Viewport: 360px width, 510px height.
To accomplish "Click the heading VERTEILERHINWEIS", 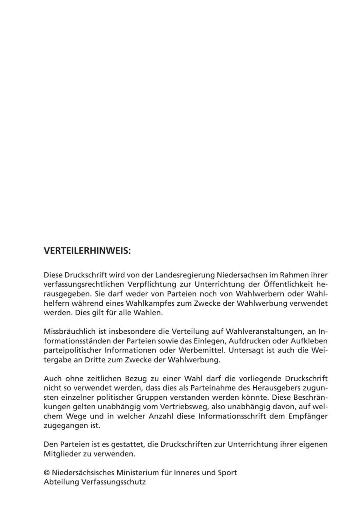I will [87, 251].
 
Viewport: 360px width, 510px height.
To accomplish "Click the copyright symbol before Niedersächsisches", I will [47, 473].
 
